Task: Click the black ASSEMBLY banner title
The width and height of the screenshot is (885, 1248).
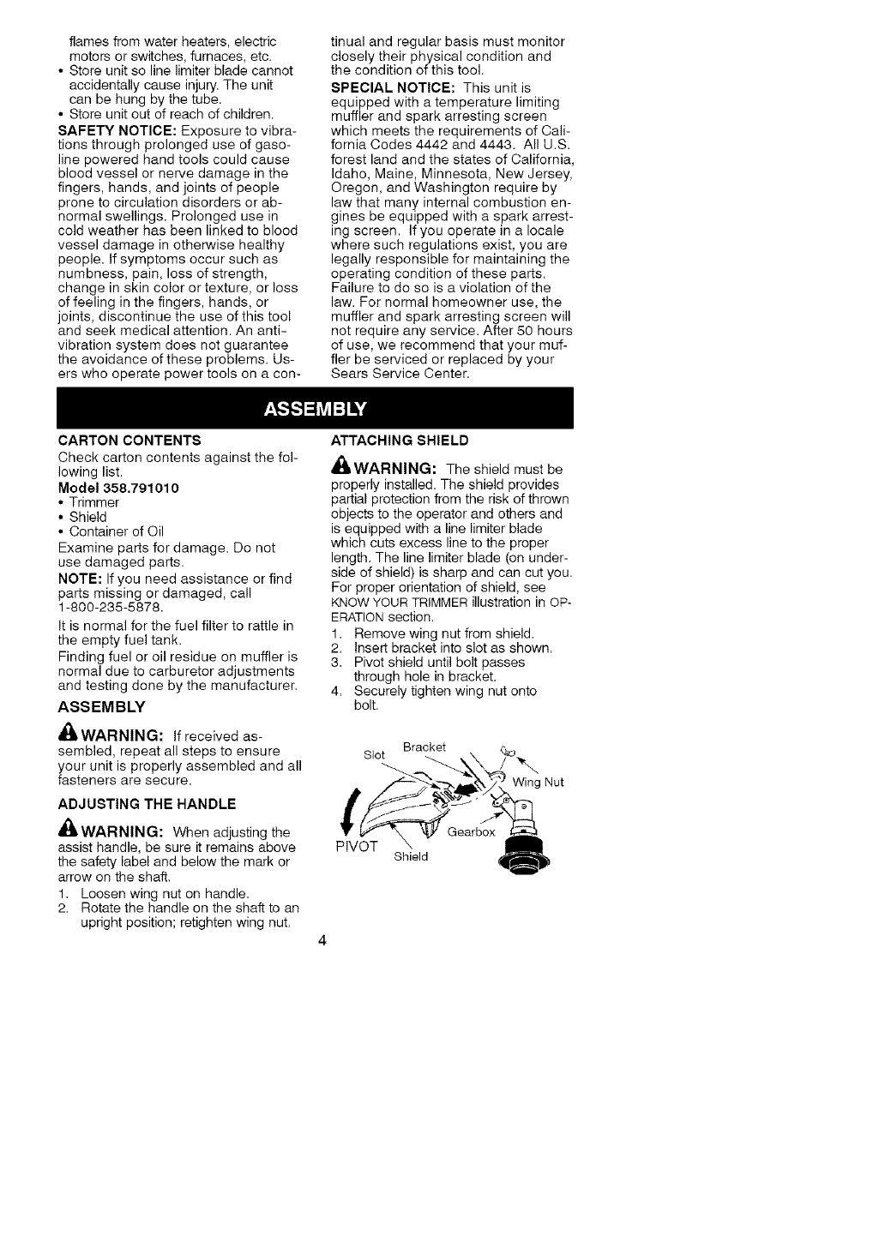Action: [x=315, y=408]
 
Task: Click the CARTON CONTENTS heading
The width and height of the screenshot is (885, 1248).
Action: [x=129, y=441]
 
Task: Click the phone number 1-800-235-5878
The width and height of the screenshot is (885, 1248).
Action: [x=111, y=607]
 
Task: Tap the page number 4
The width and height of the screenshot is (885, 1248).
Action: [x=322, y=941]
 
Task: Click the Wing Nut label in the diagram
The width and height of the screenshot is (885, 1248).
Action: [x=539, y=782]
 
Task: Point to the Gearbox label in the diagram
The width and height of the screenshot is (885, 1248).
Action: [x=472, y=831]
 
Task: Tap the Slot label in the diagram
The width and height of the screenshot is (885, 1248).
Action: [x=375, y=754]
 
